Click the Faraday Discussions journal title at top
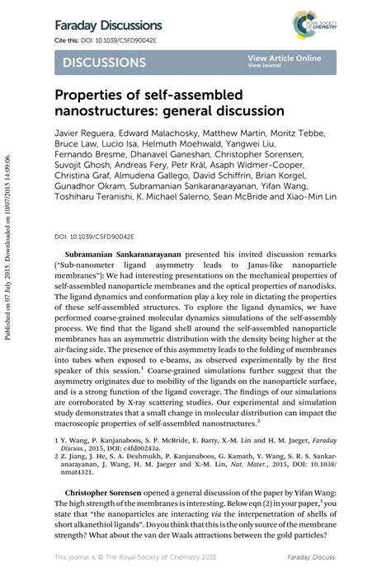108,26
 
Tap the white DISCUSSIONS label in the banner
104,63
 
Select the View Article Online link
284,58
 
